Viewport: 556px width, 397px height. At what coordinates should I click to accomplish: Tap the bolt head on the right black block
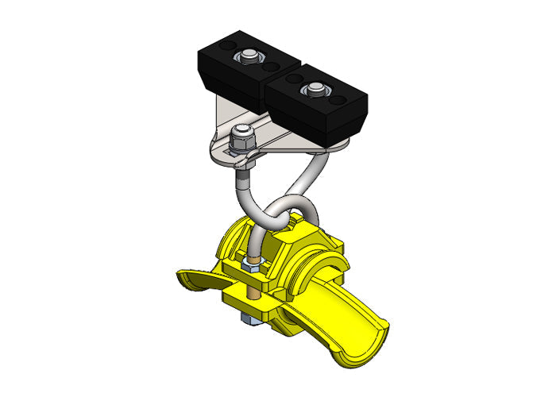[315, 88]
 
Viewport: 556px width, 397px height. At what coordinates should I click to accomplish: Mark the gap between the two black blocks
[265, 79]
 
